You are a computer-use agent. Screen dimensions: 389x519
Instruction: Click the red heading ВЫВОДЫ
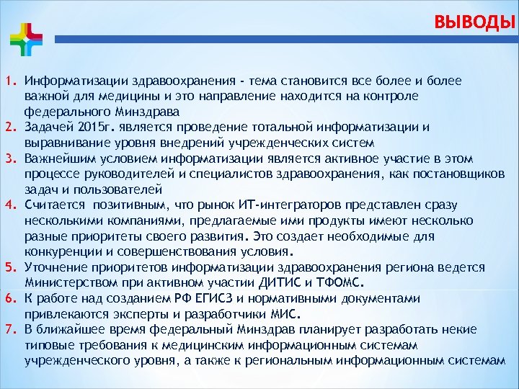coord(475,22)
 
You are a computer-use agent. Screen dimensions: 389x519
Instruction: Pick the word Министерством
coord(68,283)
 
